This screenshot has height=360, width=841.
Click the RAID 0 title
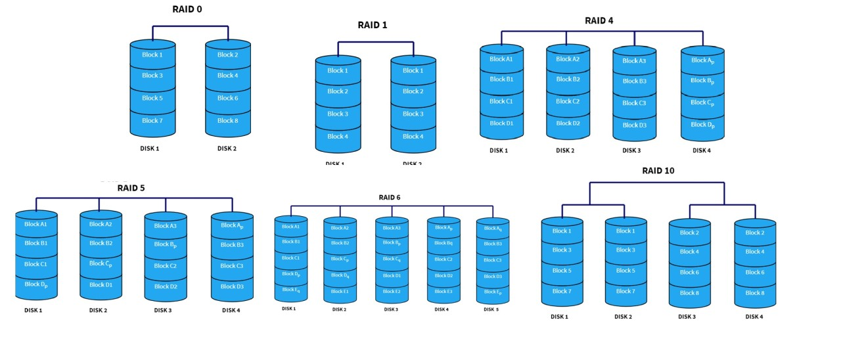coord(187,9)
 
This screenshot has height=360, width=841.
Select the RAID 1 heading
coord(373,25)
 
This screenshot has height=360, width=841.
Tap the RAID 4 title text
coord(599,20)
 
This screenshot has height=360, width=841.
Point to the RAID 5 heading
coord(131,188)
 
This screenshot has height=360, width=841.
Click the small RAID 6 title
coord(389,197)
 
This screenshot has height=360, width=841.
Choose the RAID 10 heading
coord(658,171)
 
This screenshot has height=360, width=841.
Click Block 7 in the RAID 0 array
coord(152,120)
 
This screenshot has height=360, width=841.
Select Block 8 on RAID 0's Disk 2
coord(227,120)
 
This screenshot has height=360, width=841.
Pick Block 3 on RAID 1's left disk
coord(338,114)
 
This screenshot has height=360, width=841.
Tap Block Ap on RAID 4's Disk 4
coord(702,60)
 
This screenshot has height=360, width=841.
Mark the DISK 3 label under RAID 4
coord(631,150)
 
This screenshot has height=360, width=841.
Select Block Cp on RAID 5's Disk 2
coord(101,263)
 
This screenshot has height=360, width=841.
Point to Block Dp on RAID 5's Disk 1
coord(37,284)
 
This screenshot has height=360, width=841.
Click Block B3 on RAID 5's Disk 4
coord(232,245)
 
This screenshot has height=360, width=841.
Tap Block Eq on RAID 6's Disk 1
coord(290,290)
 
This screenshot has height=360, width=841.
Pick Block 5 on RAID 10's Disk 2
coord(625,271)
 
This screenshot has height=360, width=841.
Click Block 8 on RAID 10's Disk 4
coord(754,293)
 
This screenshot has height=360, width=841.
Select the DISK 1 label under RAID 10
coord(559,317)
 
